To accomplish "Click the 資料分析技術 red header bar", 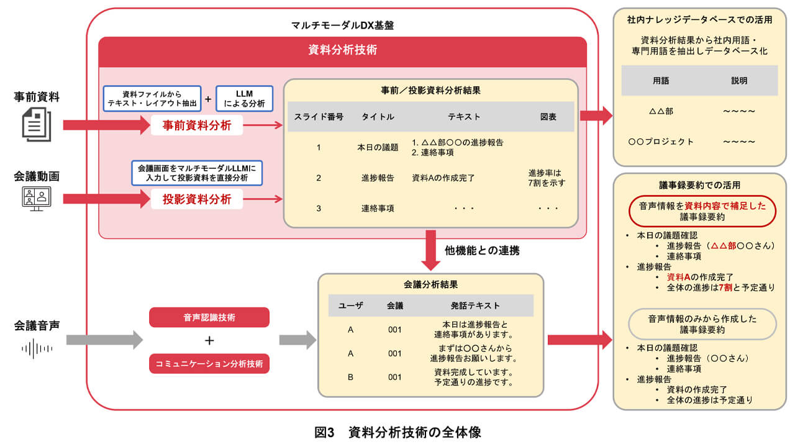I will pos(342,51).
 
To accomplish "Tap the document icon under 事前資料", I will pos(37,124).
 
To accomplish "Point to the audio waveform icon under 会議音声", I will pos(37,348).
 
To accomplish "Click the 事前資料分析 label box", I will pos(197,125).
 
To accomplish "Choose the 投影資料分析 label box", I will pos(197,199).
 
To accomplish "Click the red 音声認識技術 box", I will pos(209,317).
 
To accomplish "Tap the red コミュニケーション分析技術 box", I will pos(209,363).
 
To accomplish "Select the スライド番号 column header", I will pos(319,117).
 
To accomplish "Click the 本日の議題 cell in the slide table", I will pos(378,147).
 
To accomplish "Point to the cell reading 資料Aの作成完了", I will pos(443,178).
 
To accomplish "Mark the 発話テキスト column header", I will pos(475,305).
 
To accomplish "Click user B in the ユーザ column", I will pos(350,377).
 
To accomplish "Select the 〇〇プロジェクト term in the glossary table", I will pos(661,142).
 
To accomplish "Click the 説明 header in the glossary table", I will pos(739,81).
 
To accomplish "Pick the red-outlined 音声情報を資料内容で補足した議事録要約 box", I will pos(702,212).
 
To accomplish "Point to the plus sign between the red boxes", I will pos(209,340).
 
